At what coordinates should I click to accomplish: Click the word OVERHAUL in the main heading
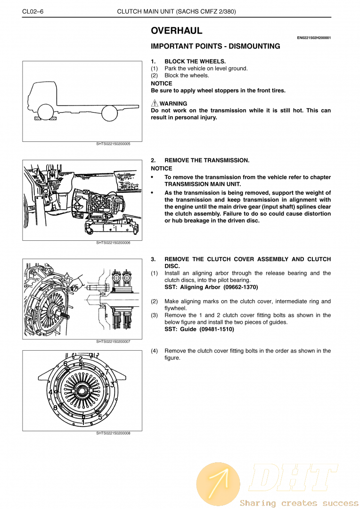coord(177,31)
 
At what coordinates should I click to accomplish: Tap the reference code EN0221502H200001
coord(313,38)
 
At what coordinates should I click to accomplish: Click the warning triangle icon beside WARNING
coord(155,103)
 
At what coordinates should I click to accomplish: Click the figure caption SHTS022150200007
coord(113,341)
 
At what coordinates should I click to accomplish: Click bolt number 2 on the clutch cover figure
coord(81,359)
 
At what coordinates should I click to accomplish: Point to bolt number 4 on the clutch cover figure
coord(50,392)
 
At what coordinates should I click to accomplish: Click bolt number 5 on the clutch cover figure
coord(100,417)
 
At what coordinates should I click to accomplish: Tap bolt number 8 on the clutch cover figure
coord(56,408)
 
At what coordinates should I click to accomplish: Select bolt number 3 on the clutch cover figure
coord(112,385)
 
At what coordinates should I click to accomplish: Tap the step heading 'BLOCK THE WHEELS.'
coord(195,61)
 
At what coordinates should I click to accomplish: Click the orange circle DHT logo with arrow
coord(218,484)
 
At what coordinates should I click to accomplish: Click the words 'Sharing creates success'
coord(299,503)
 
